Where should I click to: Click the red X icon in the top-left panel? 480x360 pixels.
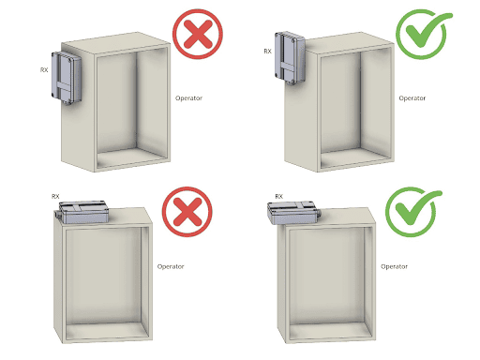[x=198, y=34]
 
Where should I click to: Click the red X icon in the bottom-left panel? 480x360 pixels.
[x=187, y=211]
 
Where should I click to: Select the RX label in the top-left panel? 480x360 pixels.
[x=44, y=70]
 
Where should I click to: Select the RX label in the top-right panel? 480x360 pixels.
[x=268, y=52]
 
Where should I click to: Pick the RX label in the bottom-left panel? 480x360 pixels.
[x=55, y=196]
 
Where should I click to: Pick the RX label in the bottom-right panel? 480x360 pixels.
[x=279, y=196]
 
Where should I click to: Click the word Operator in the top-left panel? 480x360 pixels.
[x=188, y=98]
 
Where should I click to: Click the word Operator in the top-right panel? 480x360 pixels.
[x=412, y=98]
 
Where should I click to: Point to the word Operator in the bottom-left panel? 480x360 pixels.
[x=171, y=266]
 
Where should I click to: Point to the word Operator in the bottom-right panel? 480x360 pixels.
[x=394, y=266]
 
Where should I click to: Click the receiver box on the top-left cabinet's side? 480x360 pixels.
[x=67, y=78]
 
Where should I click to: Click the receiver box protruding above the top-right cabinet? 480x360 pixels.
[x=290, y=58]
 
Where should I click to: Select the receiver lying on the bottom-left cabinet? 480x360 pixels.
[x=83, y=212]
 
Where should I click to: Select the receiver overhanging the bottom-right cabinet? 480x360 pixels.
[x=292, y=213]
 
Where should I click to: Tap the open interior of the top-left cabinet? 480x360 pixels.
[x=132, y=106]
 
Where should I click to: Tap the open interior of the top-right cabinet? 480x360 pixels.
[x=356, y=106]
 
